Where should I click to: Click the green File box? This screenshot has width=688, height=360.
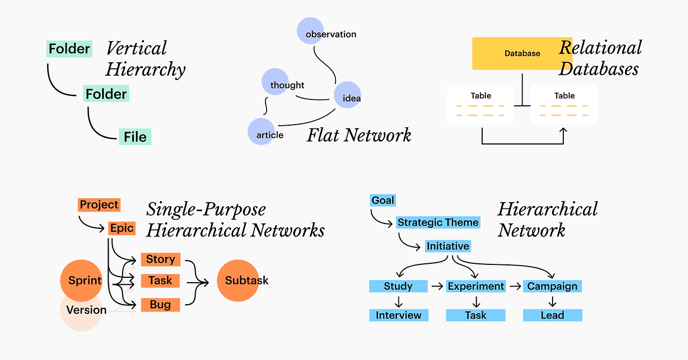coord(135,137)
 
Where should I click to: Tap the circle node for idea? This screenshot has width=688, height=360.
coord(347,95)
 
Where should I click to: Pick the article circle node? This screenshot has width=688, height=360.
coord(261,132)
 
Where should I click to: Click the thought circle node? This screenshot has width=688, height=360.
coord(275,82)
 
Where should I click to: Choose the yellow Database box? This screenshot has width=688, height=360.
coord(522,53)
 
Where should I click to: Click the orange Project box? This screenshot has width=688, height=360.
coord(99,205)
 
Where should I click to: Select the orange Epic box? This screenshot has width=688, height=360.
coord(121,228)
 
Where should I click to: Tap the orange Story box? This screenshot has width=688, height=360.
coord(160,260)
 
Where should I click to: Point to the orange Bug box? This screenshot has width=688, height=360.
coord(160,305)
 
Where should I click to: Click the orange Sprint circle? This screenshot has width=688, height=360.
coord(81,280)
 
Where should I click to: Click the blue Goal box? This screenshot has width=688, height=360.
coord(383,200)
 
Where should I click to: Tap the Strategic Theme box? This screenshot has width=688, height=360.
coord(438,222)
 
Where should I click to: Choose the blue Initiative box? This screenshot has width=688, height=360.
coord(448,246)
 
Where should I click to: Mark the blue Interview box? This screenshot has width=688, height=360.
coord(398,315)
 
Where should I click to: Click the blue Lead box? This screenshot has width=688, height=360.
coord(552,315)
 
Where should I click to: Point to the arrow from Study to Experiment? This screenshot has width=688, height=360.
coord(437,286)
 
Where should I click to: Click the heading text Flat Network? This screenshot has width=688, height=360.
coord(359,135)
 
